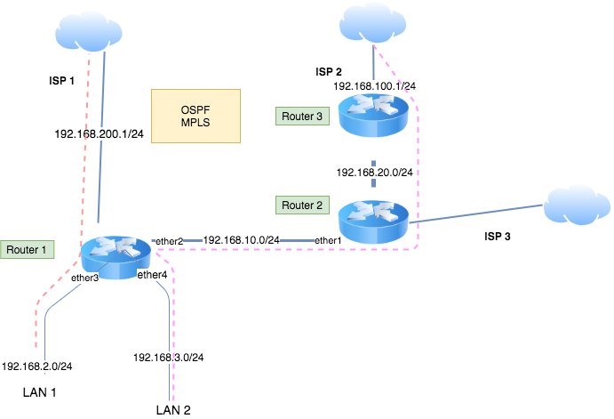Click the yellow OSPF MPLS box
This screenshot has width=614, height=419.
pos(195,116)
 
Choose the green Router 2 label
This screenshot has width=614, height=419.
pos(301,205)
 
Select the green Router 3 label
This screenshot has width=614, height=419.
pos(301,116)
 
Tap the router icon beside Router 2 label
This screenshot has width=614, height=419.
pos(373,219)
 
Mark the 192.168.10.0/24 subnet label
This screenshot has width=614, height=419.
pos(241,240)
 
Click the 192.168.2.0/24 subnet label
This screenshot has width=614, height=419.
pos(37,366)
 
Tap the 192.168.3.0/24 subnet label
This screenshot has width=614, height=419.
pos(169,358)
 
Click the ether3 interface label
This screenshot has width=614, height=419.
pos(85,278)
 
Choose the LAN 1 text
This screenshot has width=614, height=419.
pos(41,391)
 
